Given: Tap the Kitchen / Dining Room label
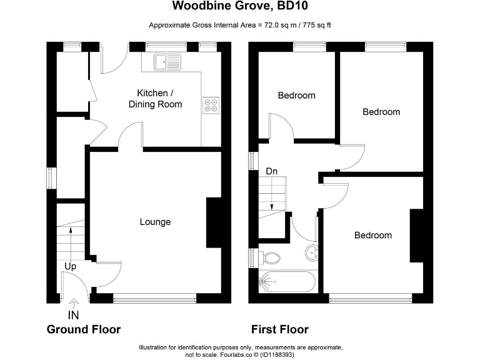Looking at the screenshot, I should (155, 99).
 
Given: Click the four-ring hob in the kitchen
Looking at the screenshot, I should (211, 105).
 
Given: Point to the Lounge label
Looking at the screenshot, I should (155, 222).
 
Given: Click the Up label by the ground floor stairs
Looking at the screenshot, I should (71, 266).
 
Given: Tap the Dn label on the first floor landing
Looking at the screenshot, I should (272, 171).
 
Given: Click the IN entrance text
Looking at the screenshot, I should (74, 315).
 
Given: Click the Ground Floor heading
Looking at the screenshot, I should (84, 329).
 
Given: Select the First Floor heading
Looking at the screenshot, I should (279, 329).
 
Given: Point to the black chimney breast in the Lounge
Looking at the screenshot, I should (214, 222).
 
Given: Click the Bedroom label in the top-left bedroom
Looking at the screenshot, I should (296, 96).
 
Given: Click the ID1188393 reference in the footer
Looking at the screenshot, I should (276, 354).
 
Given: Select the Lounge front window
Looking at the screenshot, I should (155, 299).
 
